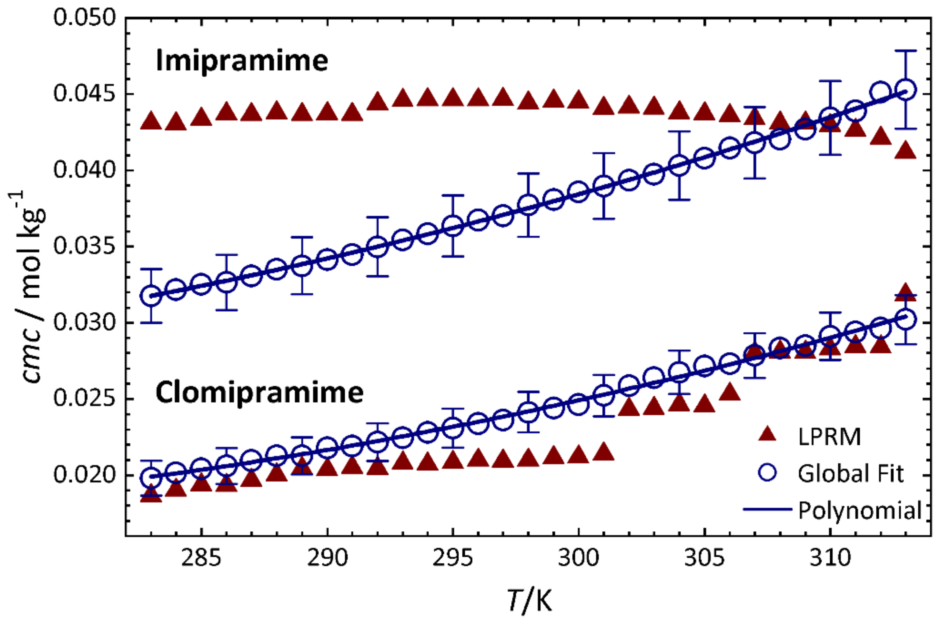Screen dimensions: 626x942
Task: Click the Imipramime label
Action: click(x=242, y=61)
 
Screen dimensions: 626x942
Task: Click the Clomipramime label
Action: click(x=259, y=392)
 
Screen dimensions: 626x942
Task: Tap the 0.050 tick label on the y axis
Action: click(x=85, y=18)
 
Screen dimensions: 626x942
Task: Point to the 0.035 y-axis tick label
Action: click(x=85, y=246)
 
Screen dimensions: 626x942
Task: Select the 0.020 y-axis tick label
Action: click(x=85, y=475)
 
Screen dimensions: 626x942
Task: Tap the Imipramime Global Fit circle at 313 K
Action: click(x=906, y=90)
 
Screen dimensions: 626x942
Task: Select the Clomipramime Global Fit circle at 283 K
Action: click(x=151, y=478)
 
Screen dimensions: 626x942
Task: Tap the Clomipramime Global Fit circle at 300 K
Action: click(x=578, y=404)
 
